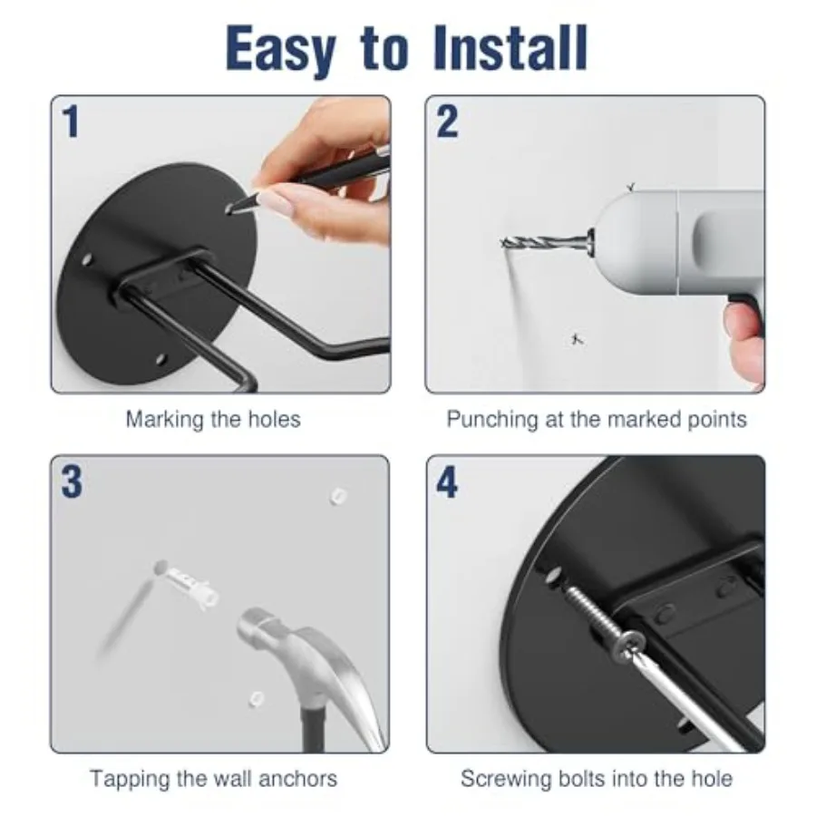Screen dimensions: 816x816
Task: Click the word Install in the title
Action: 510,48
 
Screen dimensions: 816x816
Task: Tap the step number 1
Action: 72,121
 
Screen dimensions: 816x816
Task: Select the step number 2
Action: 447,121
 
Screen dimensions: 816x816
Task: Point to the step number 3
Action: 72,481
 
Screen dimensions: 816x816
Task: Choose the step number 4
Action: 447,482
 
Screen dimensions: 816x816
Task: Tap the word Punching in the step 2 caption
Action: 492,421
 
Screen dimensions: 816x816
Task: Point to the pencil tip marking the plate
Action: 230,209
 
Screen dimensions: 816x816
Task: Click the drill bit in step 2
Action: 544,242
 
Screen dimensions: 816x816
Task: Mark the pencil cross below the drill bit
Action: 576,339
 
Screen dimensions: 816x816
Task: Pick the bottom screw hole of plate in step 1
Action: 161,358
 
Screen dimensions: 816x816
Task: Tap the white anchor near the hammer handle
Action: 256,698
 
